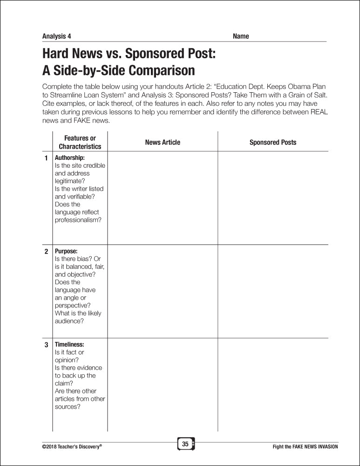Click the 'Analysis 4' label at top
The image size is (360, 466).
pos(56,36)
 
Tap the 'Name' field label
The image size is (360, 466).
pos(241,36)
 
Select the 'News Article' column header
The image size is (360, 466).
pos(163,142)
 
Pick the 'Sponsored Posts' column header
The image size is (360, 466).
pos(273,142)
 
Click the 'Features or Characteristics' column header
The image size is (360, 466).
pos(80,142)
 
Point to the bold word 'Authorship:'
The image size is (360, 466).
pos(70,158)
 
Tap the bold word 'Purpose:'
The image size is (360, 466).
pos(66,251)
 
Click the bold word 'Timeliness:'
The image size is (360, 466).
pos(69,344)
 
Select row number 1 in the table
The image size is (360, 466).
pos(46,158)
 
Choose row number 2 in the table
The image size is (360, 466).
pos(46,252)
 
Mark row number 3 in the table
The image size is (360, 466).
pos(46,345)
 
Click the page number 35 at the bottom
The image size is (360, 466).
pos(185,444)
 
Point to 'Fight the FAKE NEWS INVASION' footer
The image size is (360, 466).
pos(305,446)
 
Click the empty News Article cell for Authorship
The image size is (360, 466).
pos(163,198)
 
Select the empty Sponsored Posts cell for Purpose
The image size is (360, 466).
pos(273,291)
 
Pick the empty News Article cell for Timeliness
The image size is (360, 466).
pos(163,384)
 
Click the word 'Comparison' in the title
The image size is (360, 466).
pos(156,70)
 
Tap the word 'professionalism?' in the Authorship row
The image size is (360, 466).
pos(78,220)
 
